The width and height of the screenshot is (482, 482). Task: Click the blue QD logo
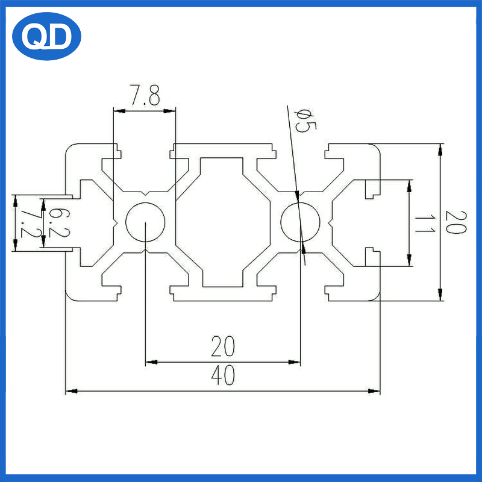[46, 36]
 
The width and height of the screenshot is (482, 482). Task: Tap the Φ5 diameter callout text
[304, 121]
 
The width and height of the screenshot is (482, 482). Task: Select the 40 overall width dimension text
[223, 375]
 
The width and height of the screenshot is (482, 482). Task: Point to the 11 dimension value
[425, 224]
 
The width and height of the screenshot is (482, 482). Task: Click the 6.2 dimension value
[59, 222]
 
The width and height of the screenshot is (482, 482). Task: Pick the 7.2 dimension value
[31, 224]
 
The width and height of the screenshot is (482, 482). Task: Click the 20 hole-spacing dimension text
[223, 346]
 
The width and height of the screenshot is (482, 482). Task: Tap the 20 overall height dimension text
[456, 222]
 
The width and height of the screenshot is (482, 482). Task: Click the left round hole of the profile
[145, 222]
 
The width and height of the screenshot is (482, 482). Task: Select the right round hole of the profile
[300, 222]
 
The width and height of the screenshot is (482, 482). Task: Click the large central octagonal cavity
[223, 222]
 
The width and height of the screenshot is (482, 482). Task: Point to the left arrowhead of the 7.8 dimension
[119, 111]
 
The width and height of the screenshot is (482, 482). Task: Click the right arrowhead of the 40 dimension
[374, 391]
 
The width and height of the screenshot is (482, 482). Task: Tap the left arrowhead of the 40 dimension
[72, 391]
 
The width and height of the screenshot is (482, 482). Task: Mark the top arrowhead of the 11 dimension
[409, 186]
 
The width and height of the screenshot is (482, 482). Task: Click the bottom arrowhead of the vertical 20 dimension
[440, 295]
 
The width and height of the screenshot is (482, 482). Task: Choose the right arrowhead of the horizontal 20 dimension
[294, 362]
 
